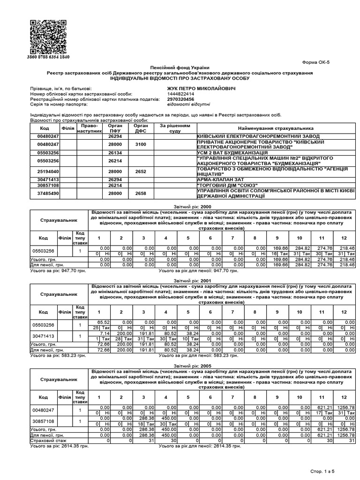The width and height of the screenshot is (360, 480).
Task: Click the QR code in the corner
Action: click(48, 37)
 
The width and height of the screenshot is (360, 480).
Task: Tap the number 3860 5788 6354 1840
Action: click(48, 57)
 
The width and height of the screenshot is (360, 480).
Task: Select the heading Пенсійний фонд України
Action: click(180, 68)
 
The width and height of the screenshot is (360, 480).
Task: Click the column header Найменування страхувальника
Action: click(276, 128)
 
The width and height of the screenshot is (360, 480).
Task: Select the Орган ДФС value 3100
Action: click(141, 145)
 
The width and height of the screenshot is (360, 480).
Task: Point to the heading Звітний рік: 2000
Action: click(180, 206)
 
